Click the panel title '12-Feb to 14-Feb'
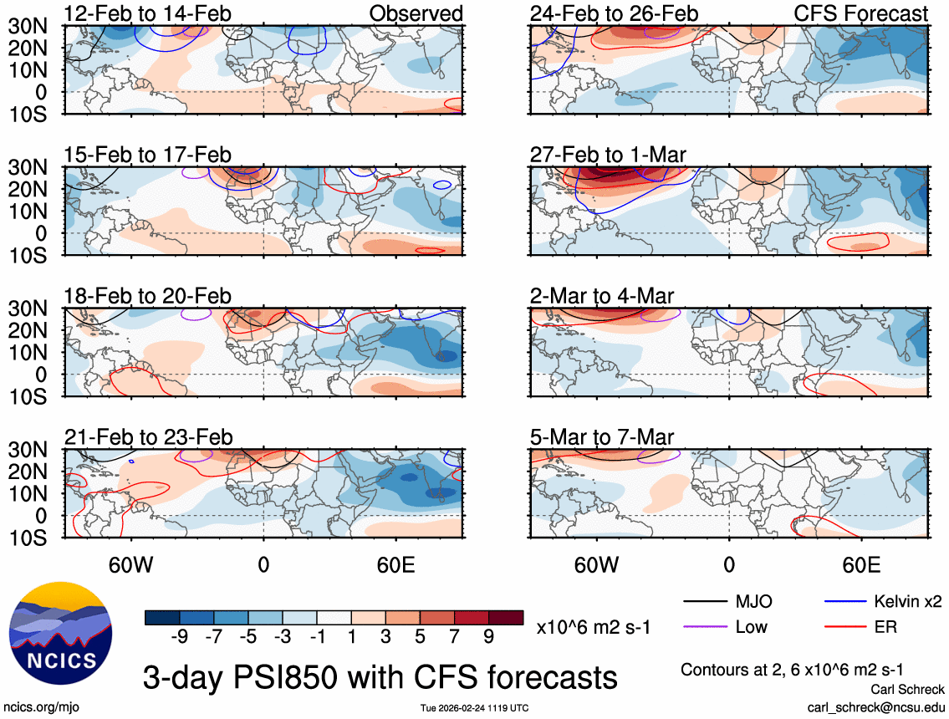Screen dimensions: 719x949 [x=148, y=13]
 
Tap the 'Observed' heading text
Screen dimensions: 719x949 [x=416, y=13]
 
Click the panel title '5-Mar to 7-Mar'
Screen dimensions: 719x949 [x=602, y=437]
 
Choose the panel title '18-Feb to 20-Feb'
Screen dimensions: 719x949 [x=148, y=296]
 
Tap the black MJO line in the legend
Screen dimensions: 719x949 [x=703, y=601]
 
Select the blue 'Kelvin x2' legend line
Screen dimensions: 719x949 [x=844, y=601]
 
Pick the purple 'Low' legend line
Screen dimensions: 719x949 [x=703, y=626]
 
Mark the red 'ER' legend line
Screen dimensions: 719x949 [x=844, y=626]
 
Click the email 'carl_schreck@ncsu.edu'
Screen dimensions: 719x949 [x=875, y=707]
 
